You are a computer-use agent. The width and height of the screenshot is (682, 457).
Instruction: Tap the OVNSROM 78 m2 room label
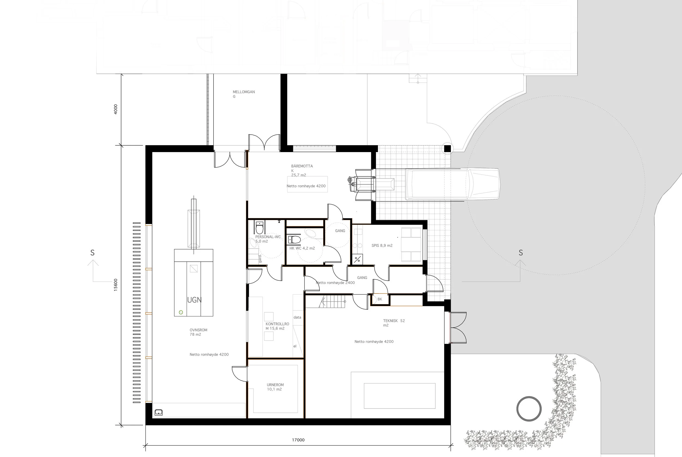pyautogui.click(x=198, y=332)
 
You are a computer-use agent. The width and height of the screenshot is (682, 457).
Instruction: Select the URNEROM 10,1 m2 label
pyautogui.click(x=275, y=387)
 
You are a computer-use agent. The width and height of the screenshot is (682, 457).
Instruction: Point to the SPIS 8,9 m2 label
pyautogui.click(x=382, y=246)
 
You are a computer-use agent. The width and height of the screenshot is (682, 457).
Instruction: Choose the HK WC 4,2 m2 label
pyautogui.click(x=302, y=248)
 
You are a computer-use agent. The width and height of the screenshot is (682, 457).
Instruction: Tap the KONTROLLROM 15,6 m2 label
pyautogui.click(x=277, y=326)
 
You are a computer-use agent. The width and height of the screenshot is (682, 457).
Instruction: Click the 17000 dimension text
pyautogui.click(x=298, y=440)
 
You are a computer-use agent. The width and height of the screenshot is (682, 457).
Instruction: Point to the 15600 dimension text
pyautogui.click(x=115, y=285)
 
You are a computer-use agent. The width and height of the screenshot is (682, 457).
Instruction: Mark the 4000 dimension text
pyautogui.click(x=115, y=109)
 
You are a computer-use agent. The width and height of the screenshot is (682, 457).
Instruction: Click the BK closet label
pyautogui.click(x=379, y=299)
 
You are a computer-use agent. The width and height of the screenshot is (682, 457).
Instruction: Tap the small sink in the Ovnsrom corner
pyautogui.click(x=158, y=412)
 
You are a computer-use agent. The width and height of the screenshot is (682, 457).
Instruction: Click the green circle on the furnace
pyautogui.click(x=181, y=312)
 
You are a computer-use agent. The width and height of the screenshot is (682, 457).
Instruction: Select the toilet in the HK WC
pyautogui.click(x=294, y=240)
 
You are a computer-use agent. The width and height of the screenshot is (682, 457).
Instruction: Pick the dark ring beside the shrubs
pyautogui.click(x=529, y=408)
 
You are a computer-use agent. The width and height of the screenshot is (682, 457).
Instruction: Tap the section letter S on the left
pyautogui.click(x=92, y=253)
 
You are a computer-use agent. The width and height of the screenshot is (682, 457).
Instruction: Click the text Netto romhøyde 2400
pyautogui.click(x=335, y=283)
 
